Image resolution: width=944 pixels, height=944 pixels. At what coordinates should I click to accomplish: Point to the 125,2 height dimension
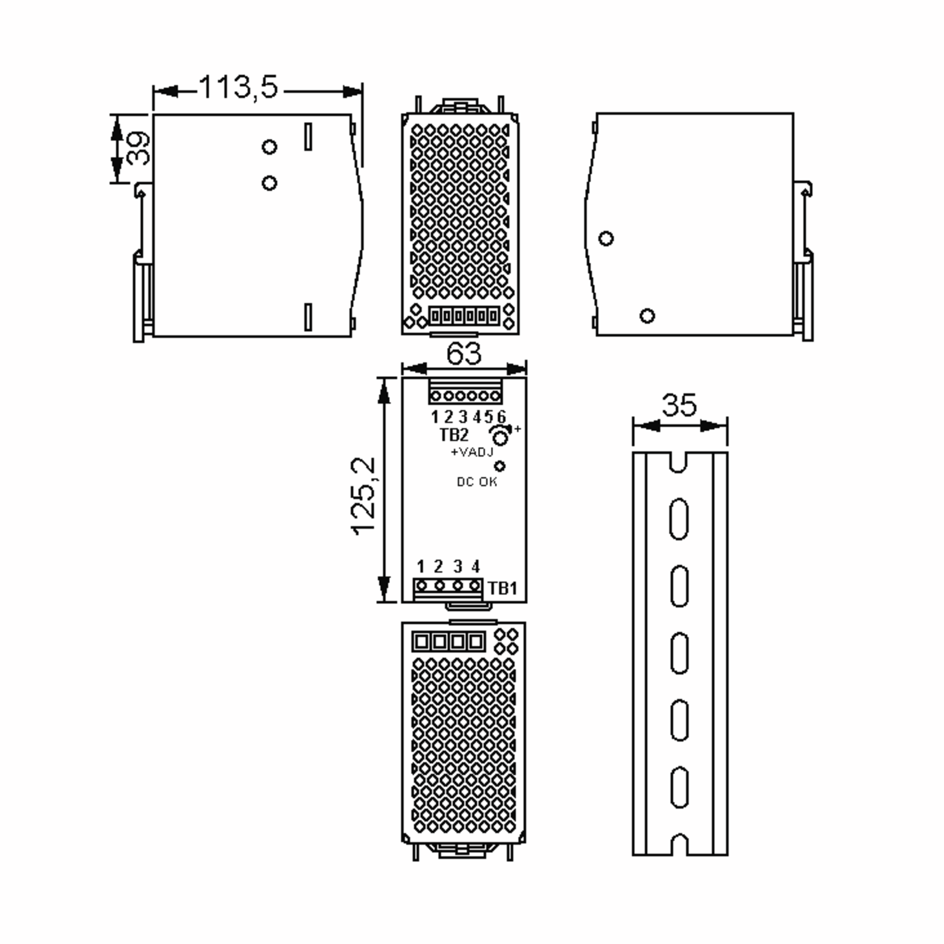364,496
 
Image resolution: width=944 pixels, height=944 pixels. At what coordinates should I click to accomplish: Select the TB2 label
454,434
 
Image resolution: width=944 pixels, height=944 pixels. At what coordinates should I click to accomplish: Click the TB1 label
502,588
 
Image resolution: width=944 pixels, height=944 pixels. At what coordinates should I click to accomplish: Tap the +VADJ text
472,452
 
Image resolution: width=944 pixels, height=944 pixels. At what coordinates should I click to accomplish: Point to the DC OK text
476,482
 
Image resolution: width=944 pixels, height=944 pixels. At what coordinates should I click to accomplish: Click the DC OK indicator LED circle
500,466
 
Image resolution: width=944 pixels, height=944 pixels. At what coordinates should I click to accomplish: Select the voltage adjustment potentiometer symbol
500,434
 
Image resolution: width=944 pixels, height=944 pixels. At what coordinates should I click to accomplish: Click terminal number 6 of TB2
501,417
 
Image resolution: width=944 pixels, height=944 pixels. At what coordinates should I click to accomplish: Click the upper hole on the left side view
269,147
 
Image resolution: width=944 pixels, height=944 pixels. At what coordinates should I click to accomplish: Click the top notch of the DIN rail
678,462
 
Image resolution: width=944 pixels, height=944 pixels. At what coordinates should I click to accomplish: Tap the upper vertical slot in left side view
308,137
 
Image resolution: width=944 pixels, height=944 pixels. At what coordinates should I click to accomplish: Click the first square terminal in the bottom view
421,642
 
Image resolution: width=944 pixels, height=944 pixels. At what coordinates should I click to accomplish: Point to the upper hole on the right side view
606,238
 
